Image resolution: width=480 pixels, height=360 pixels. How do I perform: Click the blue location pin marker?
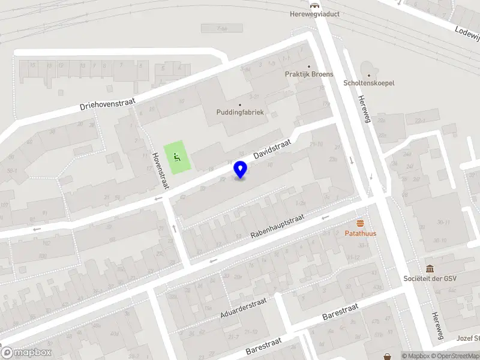tap(241, 169)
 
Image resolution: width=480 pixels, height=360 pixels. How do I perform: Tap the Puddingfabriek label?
tap(240, 112)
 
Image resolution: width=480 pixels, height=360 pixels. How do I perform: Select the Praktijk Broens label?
tap(309, 74)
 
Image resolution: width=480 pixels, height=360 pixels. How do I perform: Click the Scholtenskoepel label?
tap(368, 83)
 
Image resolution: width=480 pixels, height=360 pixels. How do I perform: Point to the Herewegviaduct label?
tap(315, 14)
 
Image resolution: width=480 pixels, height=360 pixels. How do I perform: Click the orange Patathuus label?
tap(360, 233)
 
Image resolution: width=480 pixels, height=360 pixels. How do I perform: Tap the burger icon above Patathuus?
tap(360, 223)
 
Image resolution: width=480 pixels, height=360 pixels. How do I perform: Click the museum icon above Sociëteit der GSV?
tap(430, 268)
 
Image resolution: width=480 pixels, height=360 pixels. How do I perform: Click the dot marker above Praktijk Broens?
tap(309, 66)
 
